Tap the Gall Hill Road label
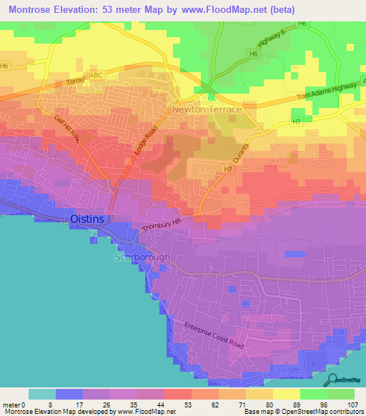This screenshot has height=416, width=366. (69, 131)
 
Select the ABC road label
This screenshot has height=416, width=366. (96, 74)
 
